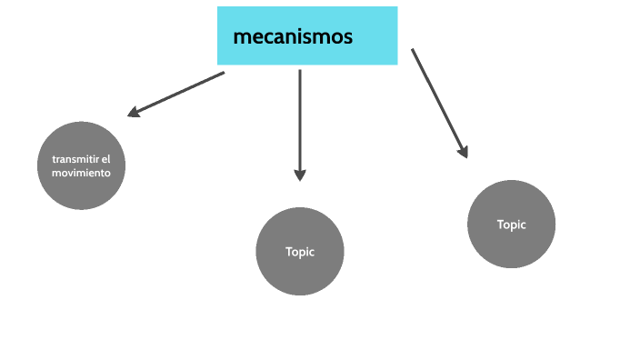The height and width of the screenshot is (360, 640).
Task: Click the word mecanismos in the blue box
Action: [293, 37]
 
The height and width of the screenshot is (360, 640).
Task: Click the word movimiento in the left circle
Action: [81, 172]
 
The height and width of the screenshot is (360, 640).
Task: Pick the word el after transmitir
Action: [105, 159]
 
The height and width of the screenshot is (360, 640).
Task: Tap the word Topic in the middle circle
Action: [300, 252]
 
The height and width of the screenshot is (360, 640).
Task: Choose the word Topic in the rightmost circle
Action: [511, 225]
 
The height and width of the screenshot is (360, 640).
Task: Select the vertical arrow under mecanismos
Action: [300, 123]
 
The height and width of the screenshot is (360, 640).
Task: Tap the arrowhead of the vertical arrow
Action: [300, 175]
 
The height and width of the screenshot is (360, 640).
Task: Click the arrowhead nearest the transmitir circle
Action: [133, 113]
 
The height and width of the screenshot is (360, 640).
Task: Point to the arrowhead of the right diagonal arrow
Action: [463, 152]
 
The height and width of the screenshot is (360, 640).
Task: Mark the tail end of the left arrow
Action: [223, 73]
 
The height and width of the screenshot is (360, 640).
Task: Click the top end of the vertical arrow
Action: [300, 72]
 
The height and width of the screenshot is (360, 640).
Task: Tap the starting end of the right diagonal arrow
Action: [413, 50]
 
